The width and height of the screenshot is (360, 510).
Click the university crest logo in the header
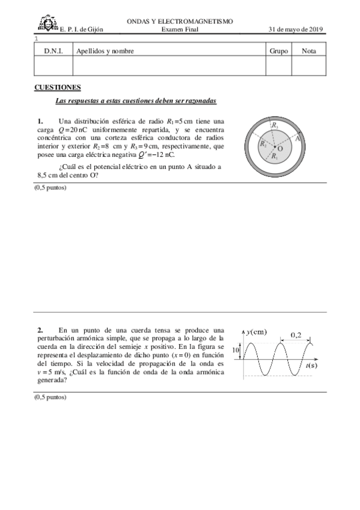pyautogui.click(x=45, y=25)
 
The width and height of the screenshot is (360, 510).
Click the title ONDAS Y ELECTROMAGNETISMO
pyautogui.click(x=180, y=22)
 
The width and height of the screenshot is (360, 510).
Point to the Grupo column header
pyautogui.click(x=278, y=51)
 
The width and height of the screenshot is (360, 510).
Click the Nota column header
pyautogui.click(x=309, y=51)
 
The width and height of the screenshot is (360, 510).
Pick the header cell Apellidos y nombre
pyautogui.click(x=105, y=51)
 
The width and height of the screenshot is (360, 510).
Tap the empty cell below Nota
pyautogui.click(x=309, y=67)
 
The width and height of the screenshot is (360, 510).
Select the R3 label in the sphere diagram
pyautogui.click(x=275, y=125)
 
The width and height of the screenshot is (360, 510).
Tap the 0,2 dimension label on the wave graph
pyautogui.click(x=296, y=334)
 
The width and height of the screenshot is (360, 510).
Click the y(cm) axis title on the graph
pyautogui.click(x=257, y=332)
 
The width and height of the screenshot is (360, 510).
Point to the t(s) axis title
pyautogui.click(x=311, y=365)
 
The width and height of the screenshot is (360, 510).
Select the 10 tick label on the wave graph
pyautogui.click(x=236, y=349)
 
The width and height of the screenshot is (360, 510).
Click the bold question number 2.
pyautogui.click(x=40, y=330)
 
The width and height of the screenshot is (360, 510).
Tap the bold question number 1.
pyautogui.click(x=40, y=121)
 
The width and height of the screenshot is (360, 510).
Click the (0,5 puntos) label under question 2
pyautogui.click(x=50, y=397)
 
